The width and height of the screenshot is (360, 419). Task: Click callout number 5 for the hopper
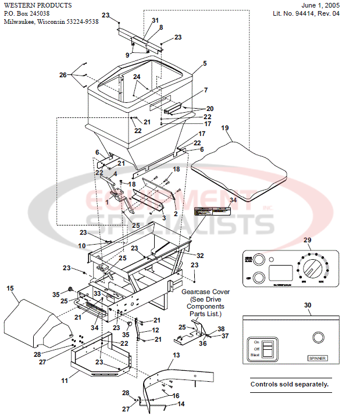[x=204, y=63]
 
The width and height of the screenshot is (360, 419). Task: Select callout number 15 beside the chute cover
[x=9, y=288]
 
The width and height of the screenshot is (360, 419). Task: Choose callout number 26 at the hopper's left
[x=63, y=74]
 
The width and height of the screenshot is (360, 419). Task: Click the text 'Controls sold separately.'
[x=289, y=384]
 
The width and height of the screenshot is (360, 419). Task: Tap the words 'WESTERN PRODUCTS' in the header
[x=38, y=5]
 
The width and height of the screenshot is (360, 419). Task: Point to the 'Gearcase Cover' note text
[x=205, y=291]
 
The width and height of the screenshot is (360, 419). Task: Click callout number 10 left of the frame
[x=82, y=245]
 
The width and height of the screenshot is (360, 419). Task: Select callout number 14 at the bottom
[x=181, y=403]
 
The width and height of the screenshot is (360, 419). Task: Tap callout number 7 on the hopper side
[x=205, y=90]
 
